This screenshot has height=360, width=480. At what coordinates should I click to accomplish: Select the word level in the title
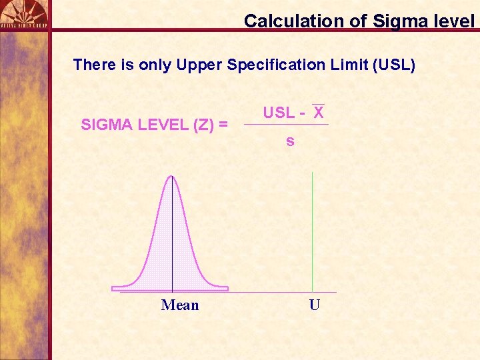tap(453, 21)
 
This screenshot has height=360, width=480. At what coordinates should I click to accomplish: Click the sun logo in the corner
tap(24, 12)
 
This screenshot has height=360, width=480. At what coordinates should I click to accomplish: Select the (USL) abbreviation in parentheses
tap(395, 65)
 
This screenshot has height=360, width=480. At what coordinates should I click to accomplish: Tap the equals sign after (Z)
tap(223, 125)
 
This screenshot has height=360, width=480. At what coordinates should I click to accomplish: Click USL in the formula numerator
tap(279, 113)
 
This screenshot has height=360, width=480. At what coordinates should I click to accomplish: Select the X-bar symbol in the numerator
tap(319, 112)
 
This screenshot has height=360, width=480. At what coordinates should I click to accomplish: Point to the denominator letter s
tap(290, 141)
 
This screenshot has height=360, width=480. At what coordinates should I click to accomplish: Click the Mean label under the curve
tap(180, 305)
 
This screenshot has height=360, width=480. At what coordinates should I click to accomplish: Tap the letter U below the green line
tap(315, 305)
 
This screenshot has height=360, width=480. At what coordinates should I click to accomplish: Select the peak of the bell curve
tap(172, 177)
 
